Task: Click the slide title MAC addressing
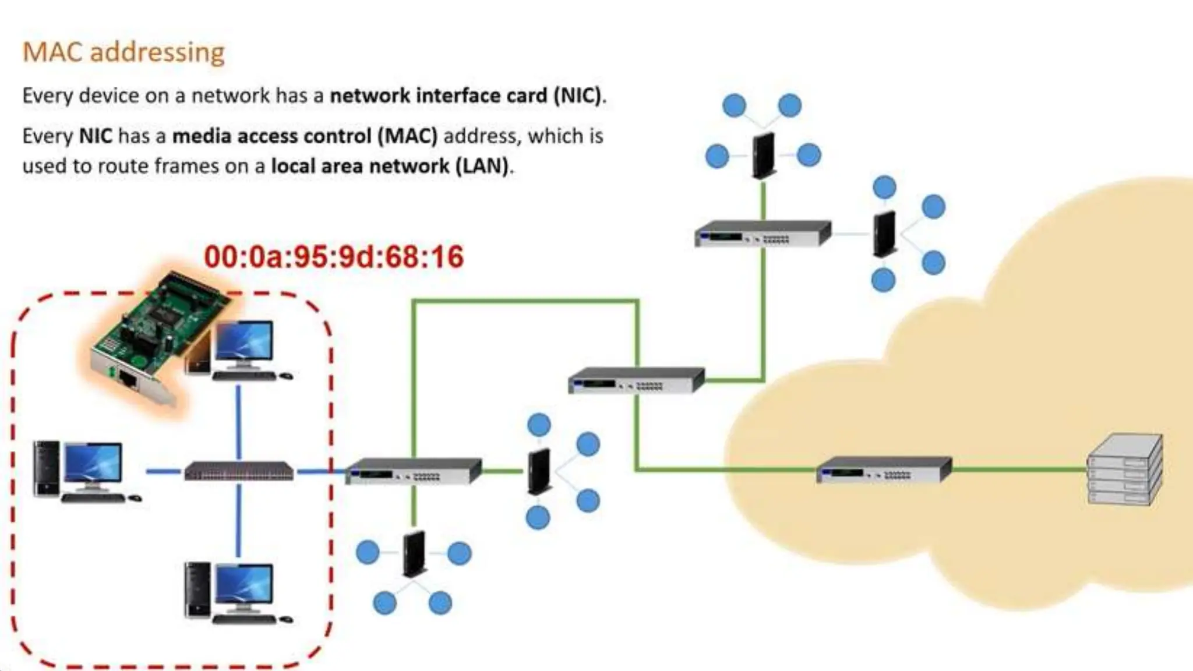(123, 52)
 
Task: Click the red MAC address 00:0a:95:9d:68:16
(334, 257)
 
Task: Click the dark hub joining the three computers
(239, 471)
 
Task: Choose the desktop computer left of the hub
(86, 471)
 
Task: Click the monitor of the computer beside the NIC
(243, 344)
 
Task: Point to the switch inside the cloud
(883, 469)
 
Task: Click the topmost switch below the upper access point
(763, 234)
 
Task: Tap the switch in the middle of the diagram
(636, 380)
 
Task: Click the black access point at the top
(764, 155)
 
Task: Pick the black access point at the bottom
(414, 553)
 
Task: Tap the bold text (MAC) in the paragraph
(407, 136)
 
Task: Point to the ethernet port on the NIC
(128, 382)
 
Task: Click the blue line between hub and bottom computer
(238, 521)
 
